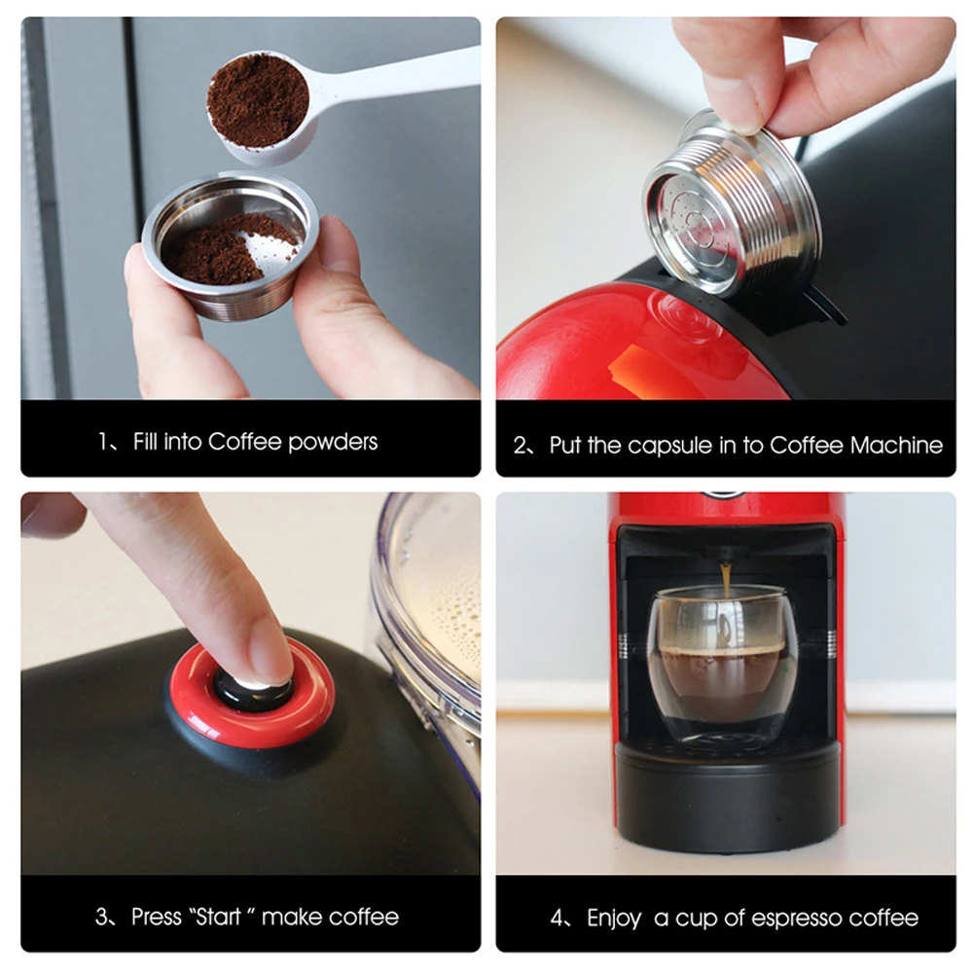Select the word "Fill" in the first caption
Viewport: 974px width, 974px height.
pyautogui.click(x=144, y=442)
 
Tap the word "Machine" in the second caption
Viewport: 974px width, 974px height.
pyautogui.click(x=896, y=446)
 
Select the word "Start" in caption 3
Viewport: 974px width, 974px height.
pyautogui.click(x=217, y=917)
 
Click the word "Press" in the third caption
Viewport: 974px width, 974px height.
pyautogui.click(x=156, y=917)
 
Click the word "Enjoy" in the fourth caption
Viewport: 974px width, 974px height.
pyautogui.click(x=614, y=919)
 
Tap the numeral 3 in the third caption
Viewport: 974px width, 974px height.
pyautogui.click(x=101, y=917)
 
